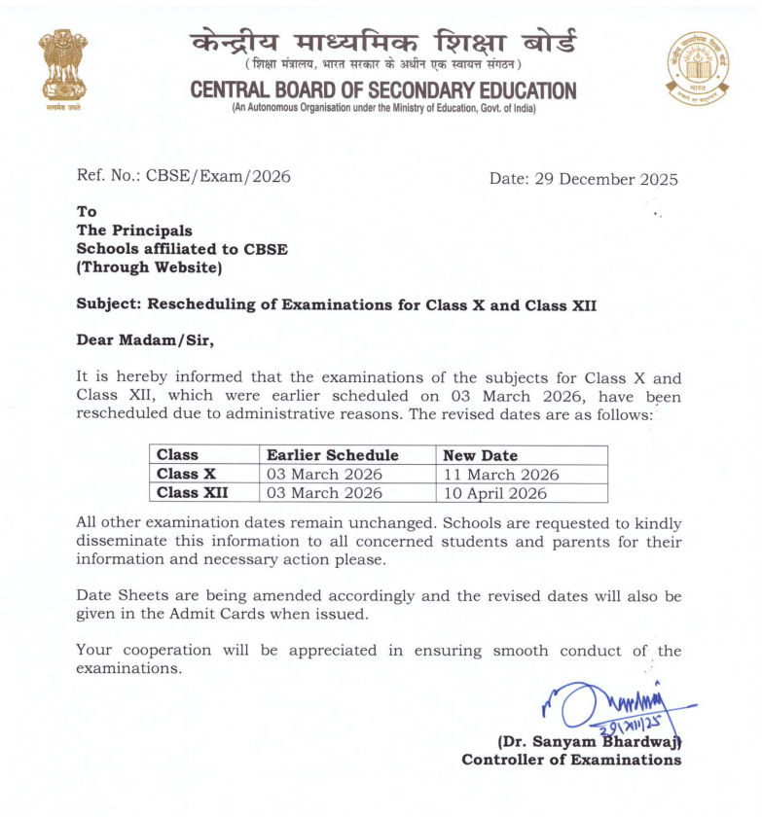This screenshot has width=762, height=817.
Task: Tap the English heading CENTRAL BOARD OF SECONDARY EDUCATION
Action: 383,90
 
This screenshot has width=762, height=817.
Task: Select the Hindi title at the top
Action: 383,42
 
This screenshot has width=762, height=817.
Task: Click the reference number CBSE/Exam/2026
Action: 218,176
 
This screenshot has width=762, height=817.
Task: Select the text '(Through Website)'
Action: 149,266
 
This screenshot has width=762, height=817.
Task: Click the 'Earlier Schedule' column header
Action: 333,455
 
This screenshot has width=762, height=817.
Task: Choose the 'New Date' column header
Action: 480,455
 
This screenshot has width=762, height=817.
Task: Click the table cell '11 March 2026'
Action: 500,475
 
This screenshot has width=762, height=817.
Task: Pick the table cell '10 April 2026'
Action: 495,493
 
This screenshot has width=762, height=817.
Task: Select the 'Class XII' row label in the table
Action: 192,493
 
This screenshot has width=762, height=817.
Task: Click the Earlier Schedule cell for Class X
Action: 325,475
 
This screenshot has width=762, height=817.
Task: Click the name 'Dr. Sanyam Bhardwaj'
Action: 590,742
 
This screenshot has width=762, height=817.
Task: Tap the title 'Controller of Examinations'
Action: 571,760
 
